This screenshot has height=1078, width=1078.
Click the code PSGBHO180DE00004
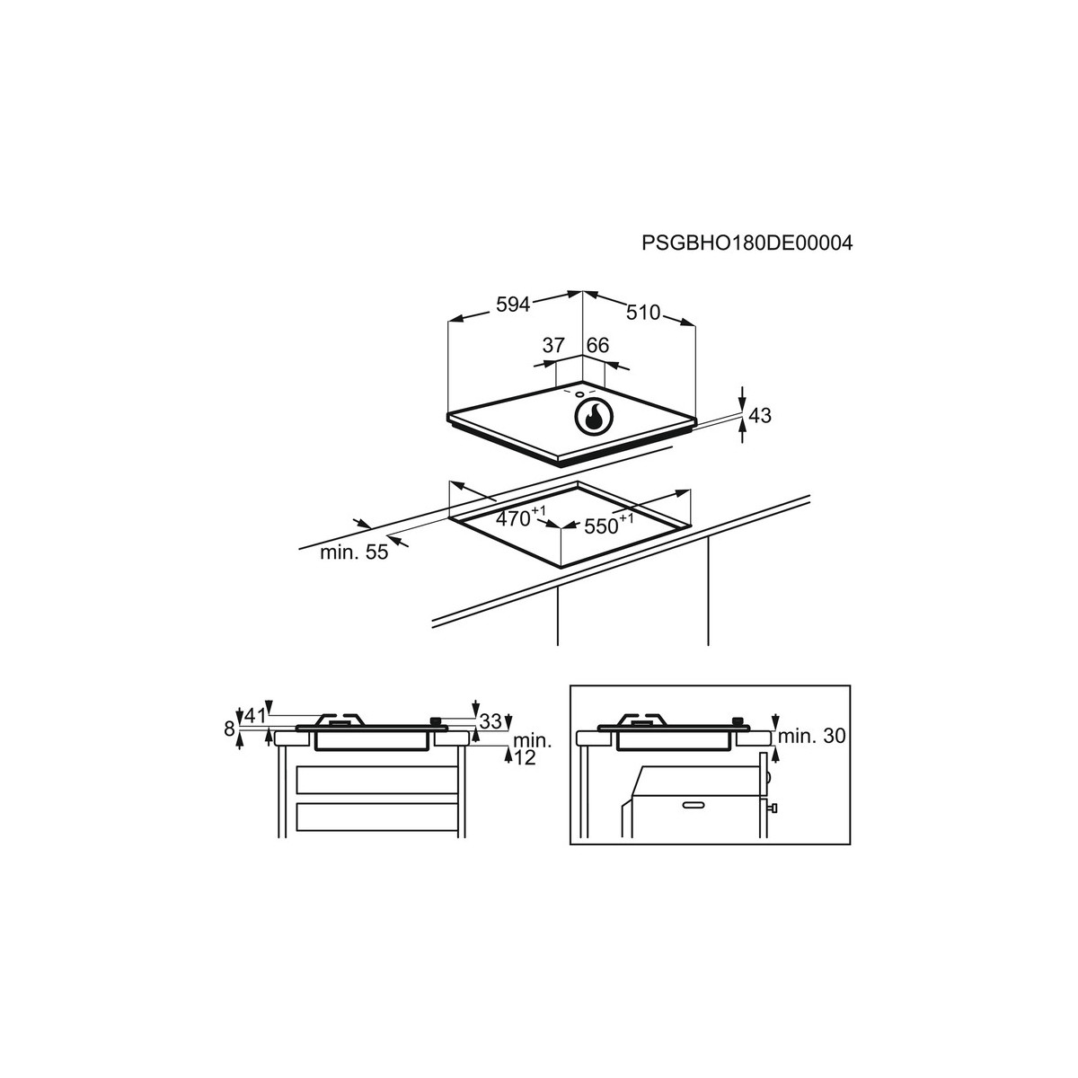(747, 243)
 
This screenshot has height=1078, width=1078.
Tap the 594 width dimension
(512, 305)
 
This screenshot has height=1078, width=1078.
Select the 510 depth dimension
(643, 312)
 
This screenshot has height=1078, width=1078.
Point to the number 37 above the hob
(553, 345)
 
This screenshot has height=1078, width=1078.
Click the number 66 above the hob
(597, 345)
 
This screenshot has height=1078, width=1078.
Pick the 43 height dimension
(760, 416)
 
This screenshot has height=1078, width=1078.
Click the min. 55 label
(354, 552)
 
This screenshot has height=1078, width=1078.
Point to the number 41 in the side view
(255, 716)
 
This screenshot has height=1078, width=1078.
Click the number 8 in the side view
(229, 729)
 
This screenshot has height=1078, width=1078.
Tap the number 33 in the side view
(490, 721)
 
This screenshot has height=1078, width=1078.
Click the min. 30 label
(811, 737)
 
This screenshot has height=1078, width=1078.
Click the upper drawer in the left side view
(377, 780)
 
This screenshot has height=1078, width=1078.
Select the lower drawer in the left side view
(377, 817)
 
